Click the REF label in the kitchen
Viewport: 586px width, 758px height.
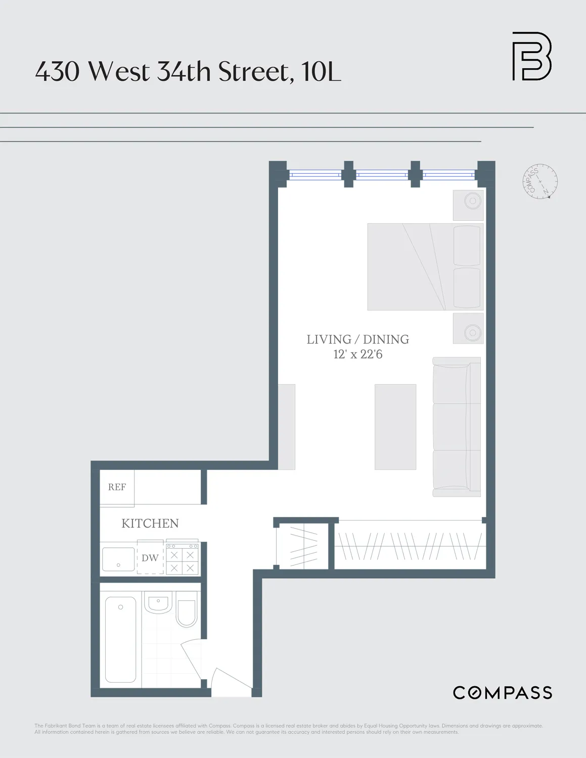click(x=117, y=487)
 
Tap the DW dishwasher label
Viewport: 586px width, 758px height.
click(x=150, y=558)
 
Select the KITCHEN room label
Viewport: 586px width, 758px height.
click(x=150, y=524)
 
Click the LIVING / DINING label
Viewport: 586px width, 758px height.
click(x=357, y=340)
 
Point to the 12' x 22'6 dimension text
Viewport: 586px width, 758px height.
click(x=357, y=355)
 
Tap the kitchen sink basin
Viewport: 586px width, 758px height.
click(x=118, y=559)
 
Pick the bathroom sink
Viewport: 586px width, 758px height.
click(x=158, y=602)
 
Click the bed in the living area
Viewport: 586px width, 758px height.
click(x=425, y=266)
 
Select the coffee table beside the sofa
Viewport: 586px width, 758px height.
click(x=395, y=427)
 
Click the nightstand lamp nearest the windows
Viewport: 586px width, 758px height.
click(x=472, y=201)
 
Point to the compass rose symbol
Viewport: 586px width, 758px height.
click(x=539, y=181)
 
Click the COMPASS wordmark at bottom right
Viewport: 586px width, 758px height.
click(x=502, y=693)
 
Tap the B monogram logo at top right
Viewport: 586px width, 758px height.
click(x=531, y=56)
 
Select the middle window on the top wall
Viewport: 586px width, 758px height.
click(x=382, y=175)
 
